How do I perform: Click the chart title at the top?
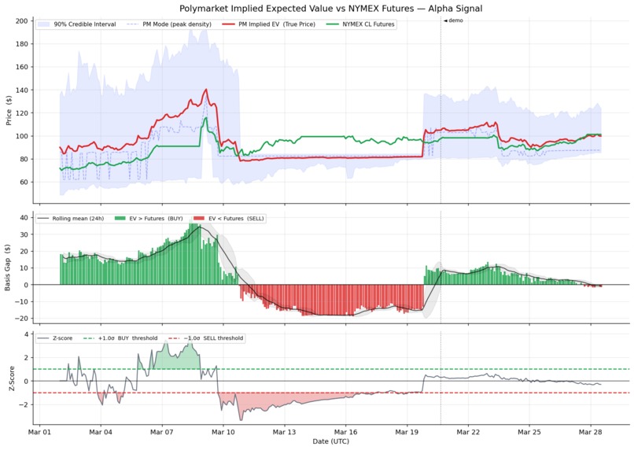(x=331, y=9)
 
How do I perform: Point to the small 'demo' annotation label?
(x=454, y=20)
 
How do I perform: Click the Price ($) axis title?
(x=8, y=110)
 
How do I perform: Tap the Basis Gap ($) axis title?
(x=8, y=267)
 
